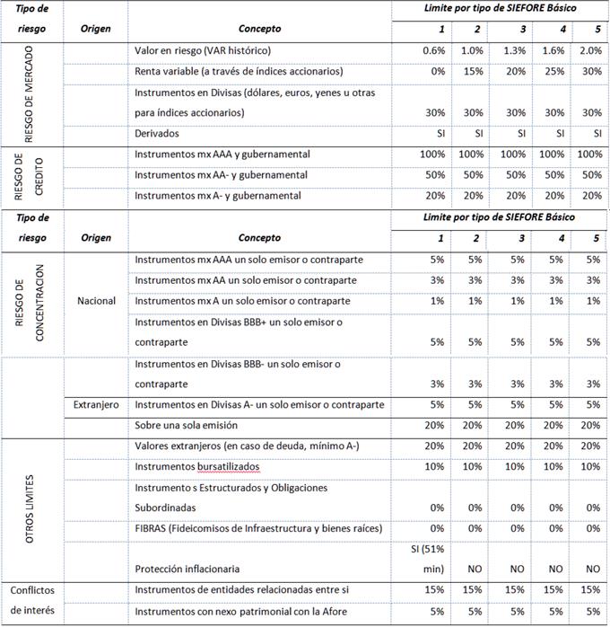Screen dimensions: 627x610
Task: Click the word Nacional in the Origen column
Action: (96, 300)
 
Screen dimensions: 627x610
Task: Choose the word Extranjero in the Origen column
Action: (96, 405)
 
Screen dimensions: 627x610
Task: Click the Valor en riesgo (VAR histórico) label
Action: (203, 50)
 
